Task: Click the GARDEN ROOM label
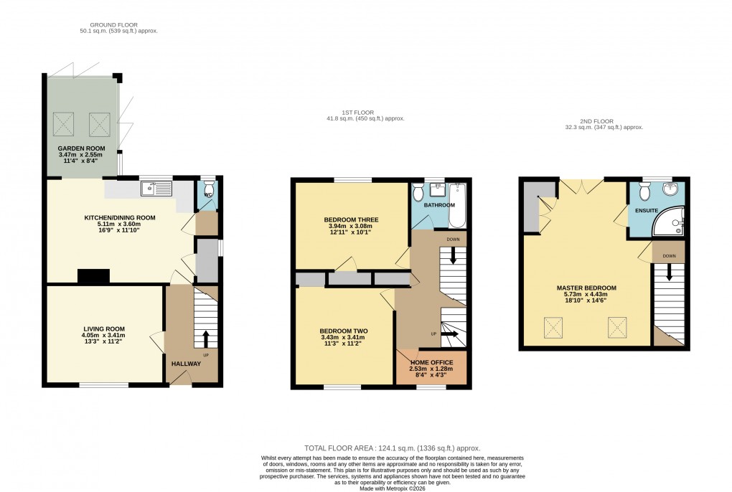80,148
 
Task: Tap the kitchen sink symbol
157,189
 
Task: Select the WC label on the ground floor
207,194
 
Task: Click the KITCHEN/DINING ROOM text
119,217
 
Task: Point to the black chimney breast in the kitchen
94,275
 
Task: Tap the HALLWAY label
185,364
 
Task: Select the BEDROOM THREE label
351,219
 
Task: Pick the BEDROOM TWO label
343,331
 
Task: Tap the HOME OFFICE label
431,363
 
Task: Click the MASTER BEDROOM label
586,288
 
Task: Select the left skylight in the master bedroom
553,328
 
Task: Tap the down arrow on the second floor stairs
669,273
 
